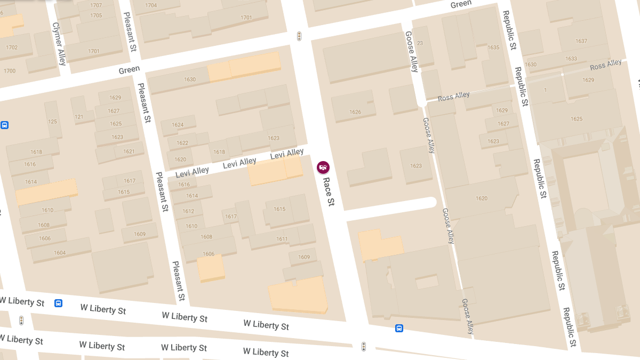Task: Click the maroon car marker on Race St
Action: coord(323,167)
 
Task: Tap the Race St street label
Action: coord(329,191)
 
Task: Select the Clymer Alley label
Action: coord(59,44)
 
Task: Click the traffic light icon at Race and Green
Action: coord(299,36)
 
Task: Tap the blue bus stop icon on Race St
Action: coord(399,328)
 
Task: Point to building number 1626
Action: coord(355,112)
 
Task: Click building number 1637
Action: coord(581,41)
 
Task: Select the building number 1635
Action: coord(493,47)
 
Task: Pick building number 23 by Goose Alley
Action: coord(420,44)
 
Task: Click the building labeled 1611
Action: coord(282,239)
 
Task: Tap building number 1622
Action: coord(182,143)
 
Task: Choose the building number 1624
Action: coord(178,125)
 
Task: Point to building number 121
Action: coord(79,117)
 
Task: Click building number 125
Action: coord(52,122)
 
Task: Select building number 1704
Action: coord(151,5)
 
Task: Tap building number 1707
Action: coord(96,5)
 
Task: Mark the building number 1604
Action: coord(60,252)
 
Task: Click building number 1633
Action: coord(571,59)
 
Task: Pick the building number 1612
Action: coord(188,211)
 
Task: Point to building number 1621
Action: coord(129,151)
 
